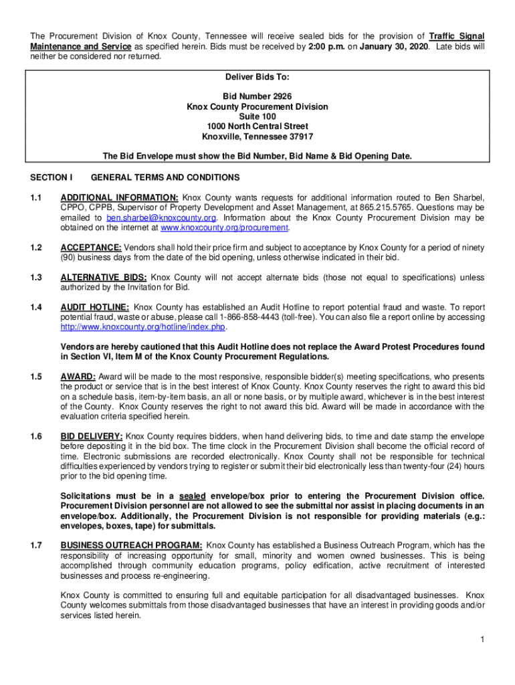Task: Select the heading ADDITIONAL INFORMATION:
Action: coord(120,198)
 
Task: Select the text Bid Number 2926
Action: coord(257,97)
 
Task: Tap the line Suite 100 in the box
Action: coord(257,116)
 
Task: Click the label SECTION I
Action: coord(51,177)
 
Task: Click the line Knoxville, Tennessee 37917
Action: coord(257,136)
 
